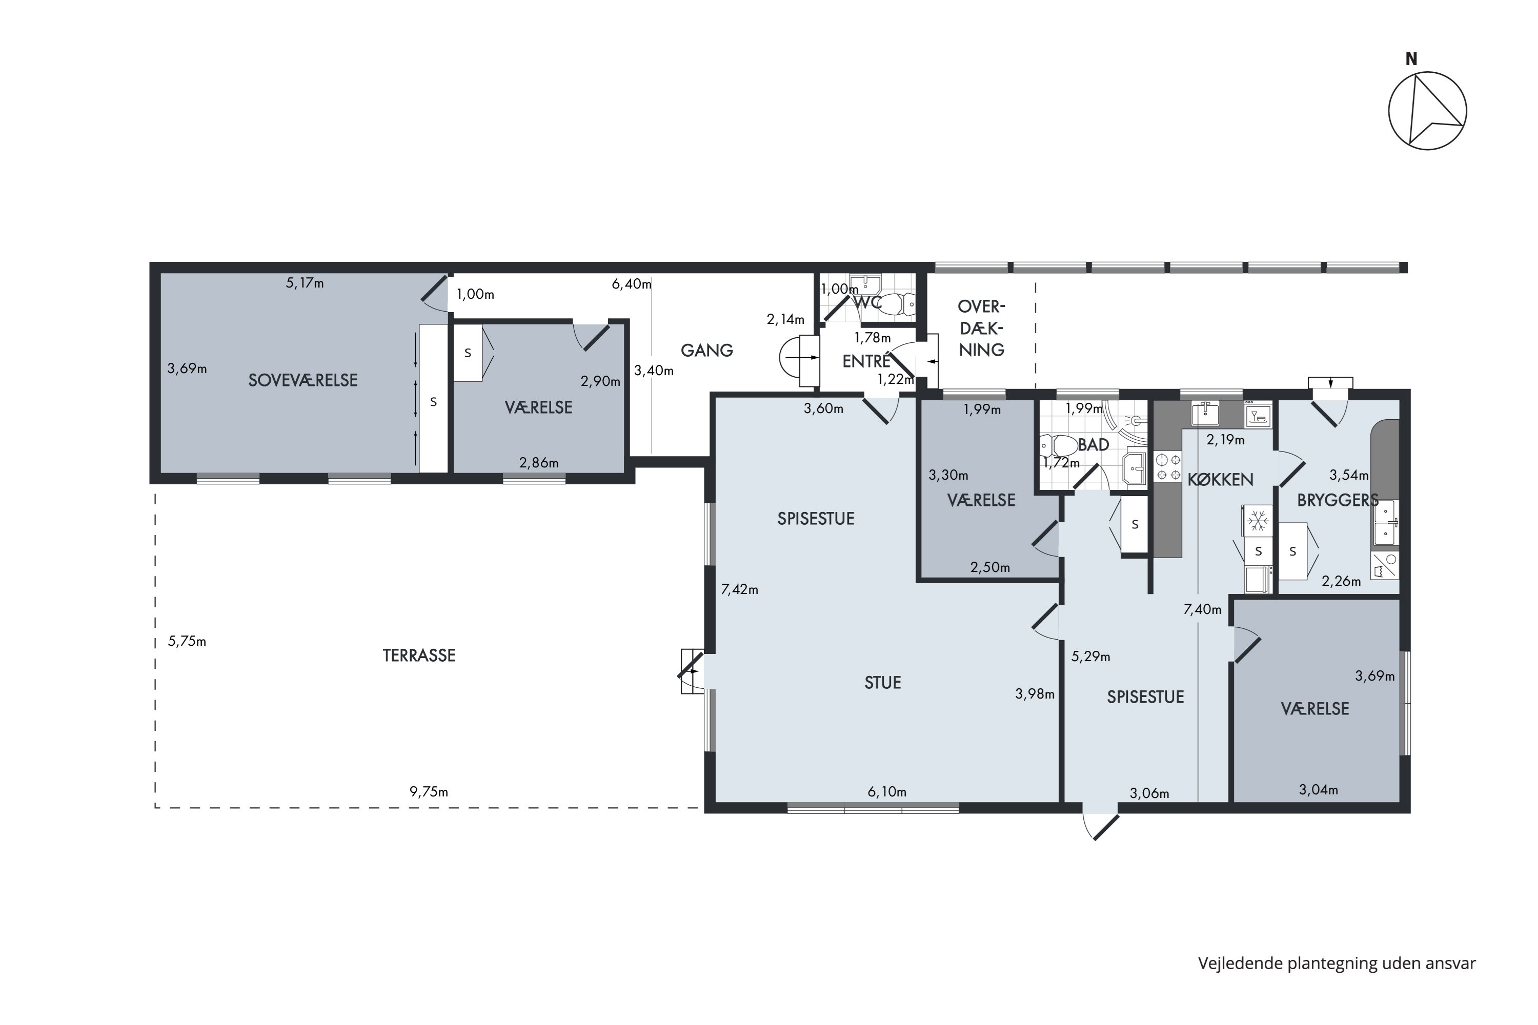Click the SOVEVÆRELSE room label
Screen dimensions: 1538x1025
pyautogui.click(x=303, y=380)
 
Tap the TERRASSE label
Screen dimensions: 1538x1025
pyautogui.click(x=419, y=655)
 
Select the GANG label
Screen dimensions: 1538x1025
pyautogui.click(x=707, y=351)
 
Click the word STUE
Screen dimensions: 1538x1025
pyautogui.click(x=883, y=683)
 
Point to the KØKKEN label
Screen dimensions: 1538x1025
pyautogui.click(x=1220, y=480)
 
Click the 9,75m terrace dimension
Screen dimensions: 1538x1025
pyautogui.click(x=429, y=792)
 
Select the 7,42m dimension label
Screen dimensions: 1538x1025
pyautogui.click(x=740, y=590)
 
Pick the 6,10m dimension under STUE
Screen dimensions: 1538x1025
pyautogui.click(x=887, y=792)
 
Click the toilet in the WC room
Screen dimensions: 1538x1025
pyautogui.click(x=899, y=304)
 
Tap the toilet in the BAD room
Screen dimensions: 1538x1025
pyautogui.click(x=1057, y=447)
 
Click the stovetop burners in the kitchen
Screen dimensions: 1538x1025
pyautogui.click(x=1168, y=467)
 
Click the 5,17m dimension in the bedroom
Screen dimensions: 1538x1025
pyautogui.click(x=305, y=283)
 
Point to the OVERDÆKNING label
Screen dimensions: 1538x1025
pyautogui.click(x=982, y=328)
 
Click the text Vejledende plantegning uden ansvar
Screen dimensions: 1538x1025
pyautogui.click(x=1337, y=963)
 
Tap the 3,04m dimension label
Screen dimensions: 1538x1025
pyautogui.click(x=1318, y=790)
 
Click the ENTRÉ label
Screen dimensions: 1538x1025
pyautogui.click(x=866, y=361)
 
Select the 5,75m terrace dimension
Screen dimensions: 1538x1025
pyautogui.click(x=187, y=641)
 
